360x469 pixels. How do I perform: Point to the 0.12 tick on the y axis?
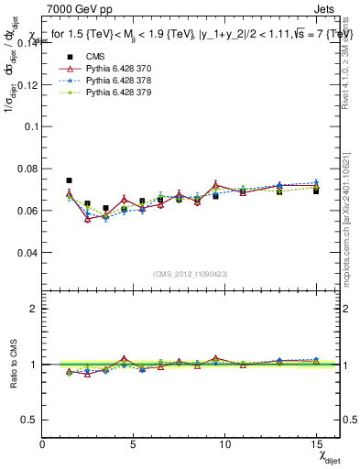(27, 85)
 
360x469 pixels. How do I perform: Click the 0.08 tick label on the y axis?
(27, 169)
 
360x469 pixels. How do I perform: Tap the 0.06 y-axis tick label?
(27, 211)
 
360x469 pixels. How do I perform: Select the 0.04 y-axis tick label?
(27, 253)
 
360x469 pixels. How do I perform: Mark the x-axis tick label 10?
(224, 444)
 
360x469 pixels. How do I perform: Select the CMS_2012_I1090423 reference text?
(191, 273)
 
